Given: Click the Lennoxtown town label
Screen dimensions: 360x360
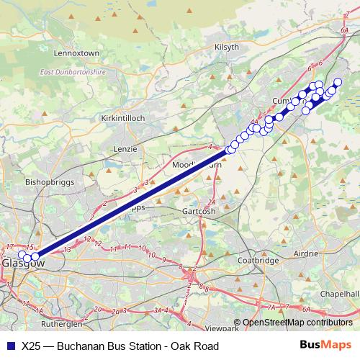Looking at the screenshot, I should click(x=76, y=53).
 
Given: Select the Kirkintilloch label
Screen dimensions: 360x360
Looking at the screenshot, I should click(x=124, y=117).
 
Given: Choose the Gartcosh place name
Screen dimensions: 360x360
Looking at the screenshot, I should click(x=199, y=213).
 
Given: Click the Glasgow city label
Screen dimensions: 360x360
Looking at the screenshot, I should click(x=23, y=264).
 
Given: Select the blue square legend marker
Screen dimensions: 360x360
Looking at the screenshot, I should click(x=9, y=345).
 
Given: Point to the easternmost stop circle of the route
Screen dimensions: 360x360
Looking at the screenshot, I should click(x=338, y=82).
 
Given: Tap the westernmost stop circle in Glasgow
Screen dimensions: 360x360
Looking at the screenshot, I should click(x=21, y=254).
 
